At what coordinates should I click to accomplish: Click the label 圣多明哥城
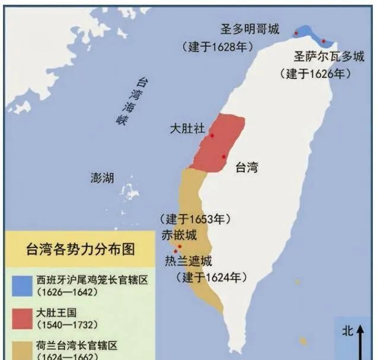250,29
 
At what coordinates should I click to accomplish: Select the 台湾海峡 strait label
132,100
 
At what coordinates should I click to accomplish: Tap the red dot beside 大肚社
212,135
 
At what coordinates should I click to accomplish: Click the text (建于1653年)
194,219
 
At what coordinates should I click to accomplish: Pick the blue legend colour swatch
20,285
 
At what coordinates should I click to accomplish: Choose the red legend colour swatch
20,317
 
